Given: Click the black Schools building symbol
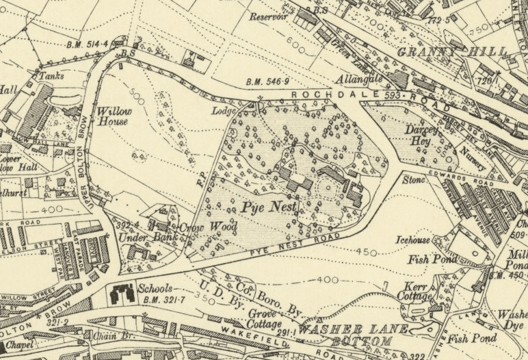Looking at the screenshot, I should pos(124,294).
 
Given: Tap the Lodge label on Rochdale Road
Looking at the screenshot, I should pos(224,111).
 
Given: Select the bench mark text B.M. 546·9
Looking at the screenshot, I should pos(267,83).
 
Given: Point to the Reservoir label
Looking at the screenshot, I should pos(268,16).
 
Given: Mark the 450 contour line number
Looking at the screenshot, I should pos(367,253).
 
